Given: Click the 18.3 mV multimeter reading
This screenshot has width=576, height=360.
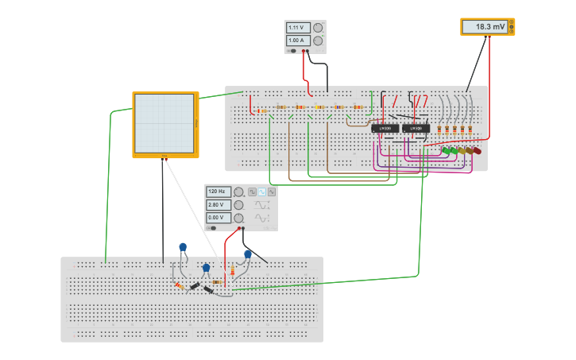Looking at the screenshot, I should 484,27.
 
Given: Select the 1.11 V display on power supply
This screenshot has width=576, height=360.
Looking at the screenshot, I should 298,28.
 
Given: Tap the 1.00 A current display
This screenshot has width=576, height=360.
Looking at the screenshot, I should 298,41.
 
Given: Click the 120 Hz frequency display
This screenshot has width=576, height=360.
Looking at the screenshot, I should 218,192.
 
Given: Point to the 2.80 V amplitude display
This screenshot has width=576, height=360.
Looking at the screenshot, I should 218,204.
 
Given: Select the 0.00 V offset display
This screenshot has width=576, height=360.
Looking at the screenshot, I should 218,217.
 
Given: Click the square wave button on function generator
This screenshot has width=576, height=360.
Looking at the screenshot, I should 253,192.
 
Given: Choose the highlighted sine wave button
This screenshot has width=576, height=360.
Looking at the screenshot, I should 262,192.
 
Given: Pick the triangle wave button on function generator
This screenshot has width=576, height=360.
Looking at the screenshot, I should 272,192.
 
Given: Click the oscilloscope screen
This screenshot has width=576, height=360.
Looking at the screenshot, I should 164,123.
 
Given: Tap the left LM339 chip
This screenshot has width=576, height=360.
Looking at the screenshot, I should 385,128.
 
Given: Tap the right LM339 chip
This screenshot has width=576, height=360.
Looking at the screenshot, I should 416,128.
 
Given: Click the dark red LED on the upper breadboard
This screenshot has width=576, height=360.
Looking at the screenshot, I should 477,150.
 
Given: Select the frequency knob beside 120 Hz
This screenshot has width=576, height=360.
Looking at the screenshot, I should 238,192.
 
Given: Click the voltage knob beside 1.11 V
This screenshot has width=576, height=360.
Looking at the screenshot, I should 318,28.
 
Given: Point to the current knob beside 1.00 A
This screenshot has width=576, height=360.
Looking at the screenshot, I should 318,41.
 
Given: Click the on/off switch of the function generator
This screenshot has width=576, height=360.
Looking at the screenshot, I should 213,227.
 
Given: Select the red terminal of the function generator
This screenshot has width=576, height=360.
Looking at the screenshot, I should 238,228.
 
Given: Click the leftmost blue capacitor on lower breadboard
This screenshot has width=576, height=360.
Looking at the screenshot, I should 183,247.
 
